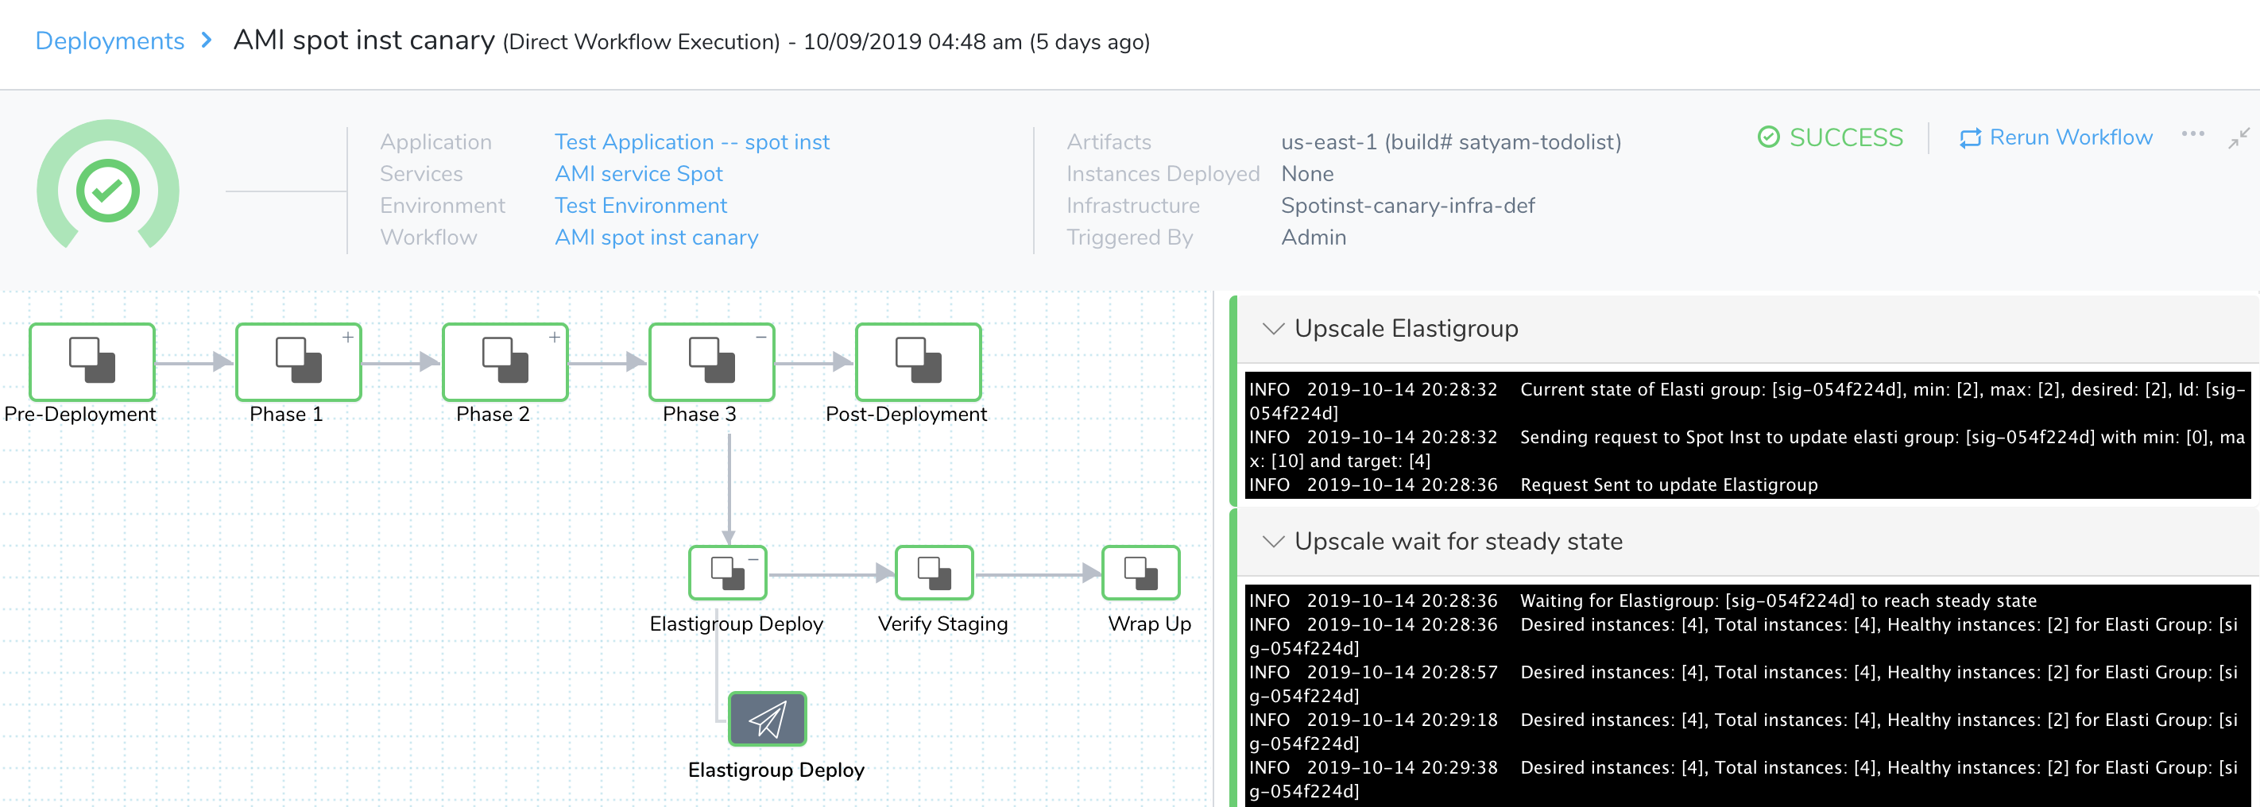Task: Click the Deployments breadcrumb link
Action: pos(110,41)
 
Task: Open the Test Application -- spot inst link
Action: pos(691,142)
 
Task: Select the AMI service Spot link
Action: pos(639,174)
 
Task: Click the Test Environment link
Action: pos(640,205)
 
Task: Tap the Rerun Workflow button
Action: pos(2056,137)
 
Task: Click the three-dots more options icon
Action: pos(2192,134)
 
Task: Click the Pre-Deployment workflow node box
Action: pos(92,361)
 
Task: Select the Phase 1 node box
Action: pos(298,361)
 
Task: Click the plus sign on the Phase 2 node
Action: pos(555,337)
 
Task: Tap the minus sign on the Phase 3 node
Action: pos(760,337)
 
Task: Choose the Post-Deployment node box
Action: pos(918,361)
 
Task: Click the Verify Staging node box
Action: pos(935,573)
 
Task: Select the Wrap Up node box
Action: pos(1140,573)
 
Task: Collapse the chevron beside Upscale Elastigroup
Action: pos(1273,329)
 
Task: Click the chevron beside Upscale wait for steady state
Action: pos(1273,542)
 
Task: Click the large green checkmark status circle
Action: pos(108,191)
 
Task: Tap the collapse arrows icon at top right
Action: pos(2239,137)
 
